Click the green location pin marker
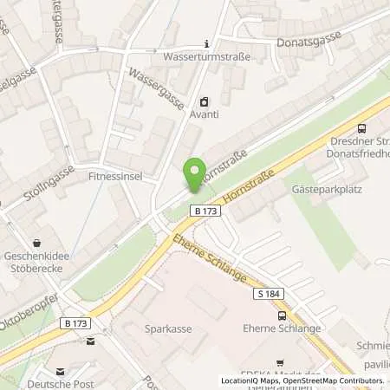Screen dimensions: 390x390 [x=195, y=173]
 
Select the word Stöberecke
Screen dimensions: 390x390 [x=37, y=269]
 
